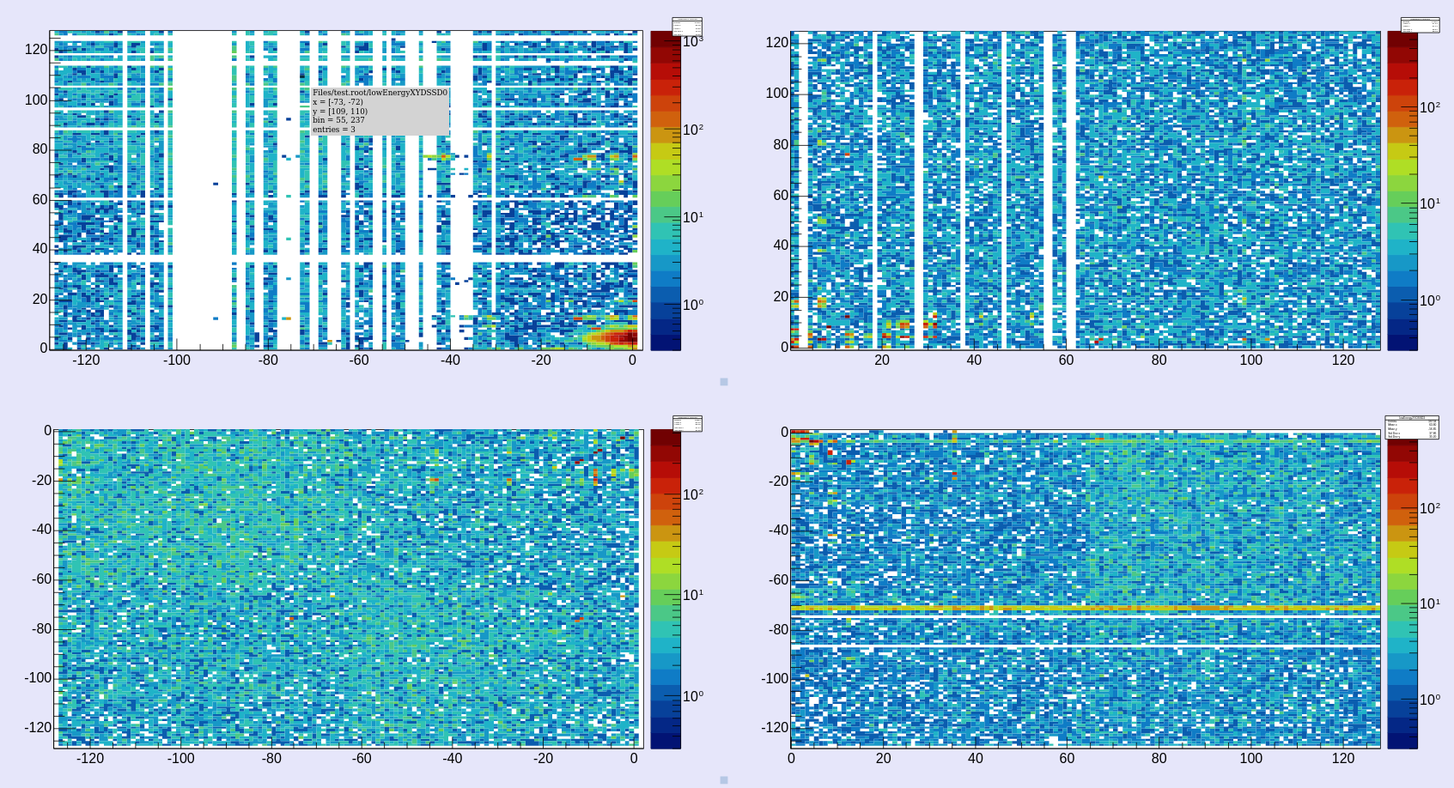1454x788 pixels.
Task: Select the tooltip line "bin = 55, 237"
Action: point(338,120)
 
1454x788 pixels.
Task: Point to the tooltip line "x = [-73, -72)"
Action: point(338,102)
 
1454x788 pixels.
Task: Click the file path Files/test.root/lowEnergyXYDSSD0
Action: point(380,93)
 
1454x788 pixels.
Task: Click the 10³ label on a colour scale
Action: point(693,41)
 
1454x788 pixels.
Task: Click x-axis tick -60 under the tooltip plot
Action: point(359,361)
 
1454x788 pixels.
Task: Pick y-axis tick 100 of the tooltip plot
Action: point(36,100)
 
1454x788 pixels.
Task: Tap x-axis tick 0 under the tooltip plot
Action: point(633,361)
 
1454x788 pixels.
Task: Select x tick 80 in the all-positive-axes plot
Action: point(1159,361)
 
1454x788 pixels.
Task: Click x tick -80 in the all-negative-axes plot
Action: point(271,759)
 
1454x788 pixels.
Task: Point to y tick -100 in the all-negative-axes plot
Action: point(38,678)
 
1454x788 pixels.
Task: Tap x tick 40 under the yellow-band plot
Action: point(975,759)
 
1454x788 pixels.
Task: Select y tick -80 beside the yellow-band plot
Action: point(778,629)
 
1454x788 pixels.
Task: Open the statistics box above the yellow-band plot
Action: point(1411,427)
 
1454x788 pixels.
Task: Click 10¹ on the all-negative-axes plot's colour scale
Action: point(693,595)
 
